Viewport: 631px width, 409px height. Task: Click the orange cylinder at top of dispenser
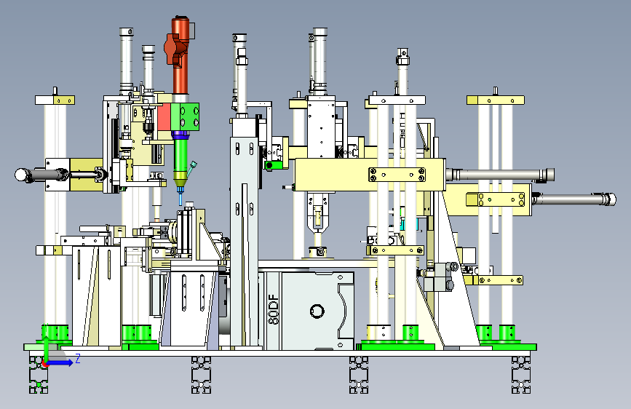[180, 56]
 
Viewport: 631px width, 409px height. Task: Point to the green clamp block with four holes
[185, 116]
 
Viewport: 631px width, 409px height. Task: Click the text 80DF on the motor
[273, 309]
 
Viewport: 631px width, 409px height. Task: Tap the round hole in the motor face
[317, 311]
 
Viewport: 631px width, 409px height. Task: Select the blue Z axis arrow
[60, 362]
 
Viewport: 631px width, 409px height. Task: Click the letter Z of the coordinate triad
[78, 358]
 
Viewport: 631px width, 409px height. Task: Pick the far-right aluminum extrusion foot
[521, 374]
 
